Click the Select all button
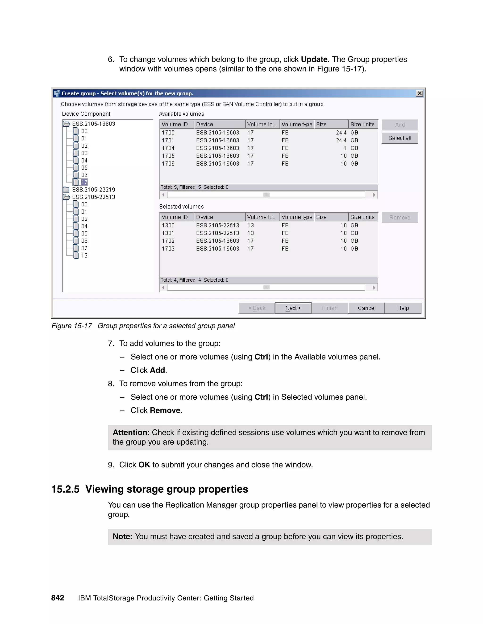coord(400,138)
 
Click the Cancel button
coord(366,308)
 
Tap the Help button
coord(403,308)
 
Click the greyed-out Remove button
coord(400,217)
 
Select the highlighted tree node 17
coord(84,182)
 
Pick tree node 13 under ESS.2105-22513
coord(84,255)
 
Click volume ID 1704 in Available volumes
coord(168,148)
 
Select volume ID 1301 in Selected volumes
coord(168,233)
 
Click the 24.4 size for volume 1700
coord(341,133)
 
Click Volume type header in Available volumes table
coord(297,124)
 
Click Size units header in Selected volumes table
coord(362,217)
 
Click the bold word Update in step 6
coord(314,59)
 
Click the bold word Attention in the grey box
coord(131,432)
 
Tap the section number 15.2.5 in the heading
coord(65,489)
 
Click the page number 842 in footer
coord(58,598)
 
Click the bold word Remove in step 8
coord(165,410)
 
